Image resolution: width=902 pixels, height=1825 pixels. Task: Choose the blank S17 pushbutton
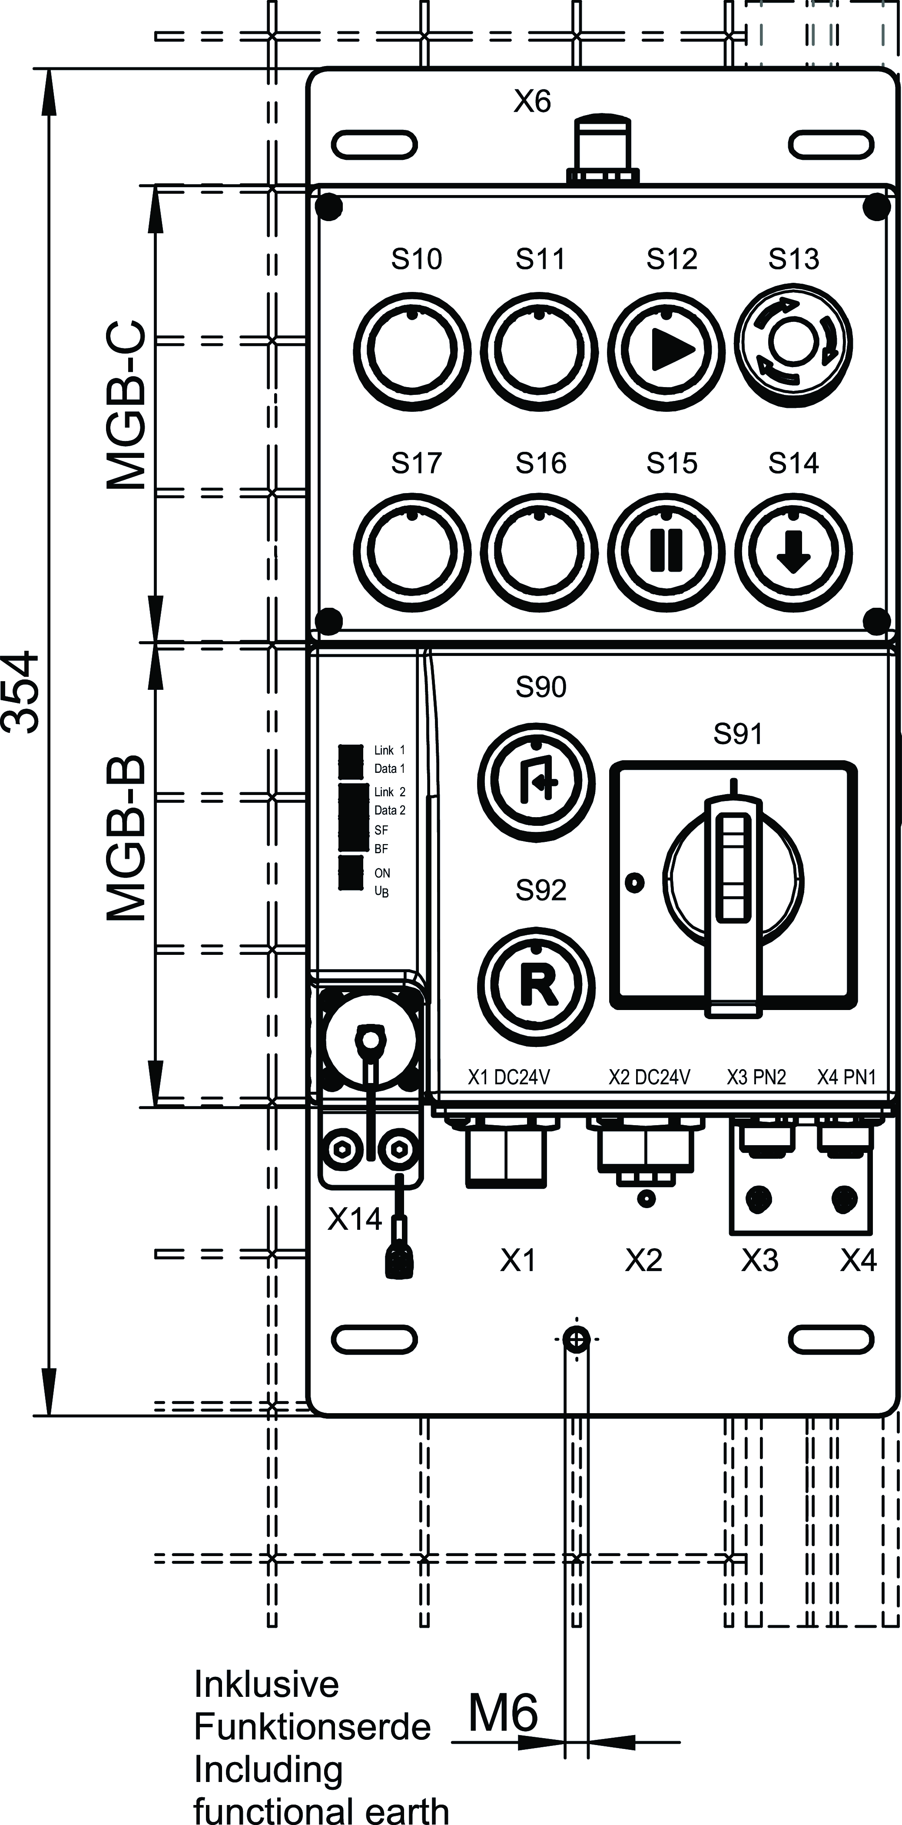411,551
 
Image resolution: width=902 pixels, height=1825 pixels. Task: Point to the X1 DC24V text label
509,1077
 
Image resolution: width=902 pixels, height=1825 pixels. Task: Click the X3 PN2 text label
756,1077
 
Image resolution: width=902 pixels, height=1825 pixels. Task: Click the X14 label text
354,1219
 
